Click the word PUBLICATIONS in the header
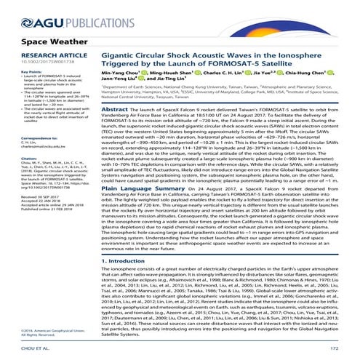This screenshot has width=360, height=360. point(70,12)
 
